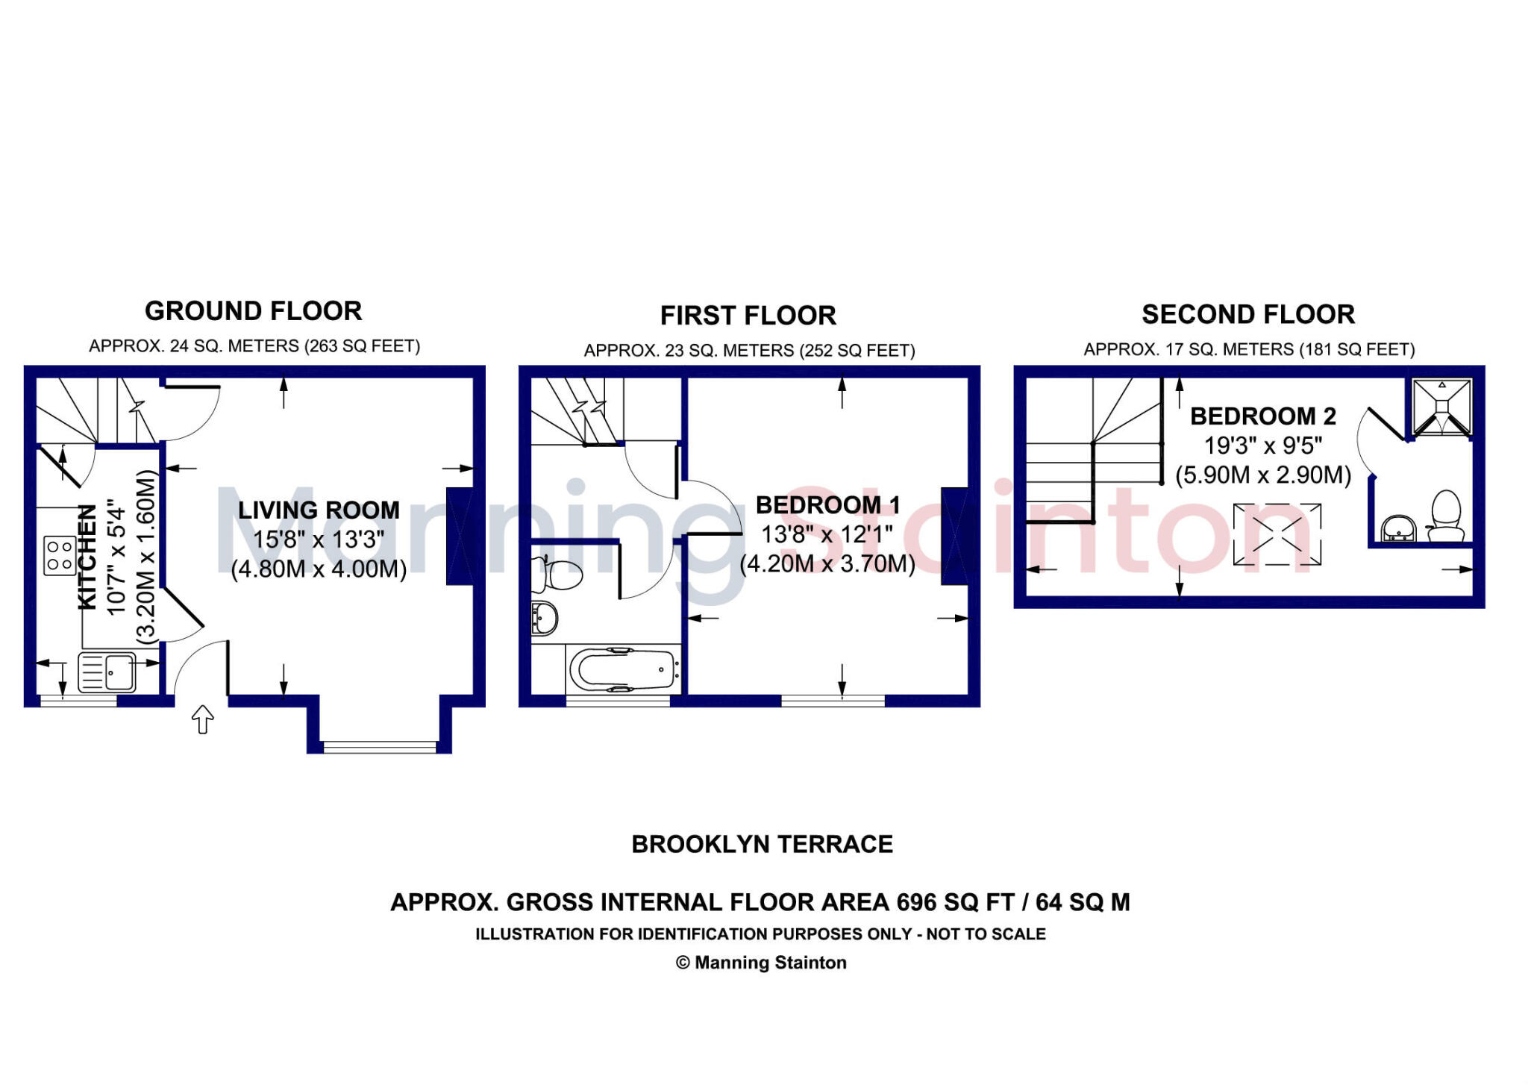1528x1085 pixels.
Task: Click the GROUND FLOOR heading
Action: [253, 311]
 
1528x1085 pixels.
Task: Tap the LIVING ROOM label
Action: [319, 510]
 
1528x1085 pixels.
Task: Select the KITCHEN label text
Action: [88, 557]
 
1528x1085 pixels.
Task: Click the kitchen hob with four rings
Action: [60, 556]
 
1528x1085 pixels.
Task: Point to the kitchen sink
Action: [107, 672]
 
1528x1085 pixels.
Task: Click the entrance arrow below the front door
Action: [203, 719]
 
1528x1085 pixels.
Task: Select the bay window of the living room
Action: [380, 745]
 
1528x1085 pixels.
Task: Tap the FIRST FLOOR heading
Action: [748, 316]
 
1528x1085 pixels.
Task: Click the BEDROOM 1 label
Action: [827, 505]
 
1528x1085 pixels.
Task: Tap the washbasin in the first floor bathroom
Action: [545, 619]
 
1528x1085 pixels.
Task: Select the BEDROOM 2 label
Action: [1262, 416]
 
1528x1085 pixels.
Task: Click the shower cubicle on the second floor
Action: [1442, 407]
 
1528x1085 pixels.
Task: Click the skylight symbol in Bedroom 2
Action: [1277, 534]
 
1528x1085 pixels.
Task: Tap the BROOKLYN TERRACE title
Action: [762, 844]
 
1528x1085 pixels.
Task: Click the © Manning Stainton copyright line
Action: [761, 963]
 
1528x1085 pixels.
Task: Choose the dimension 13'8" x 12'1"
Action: [827, 534]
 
